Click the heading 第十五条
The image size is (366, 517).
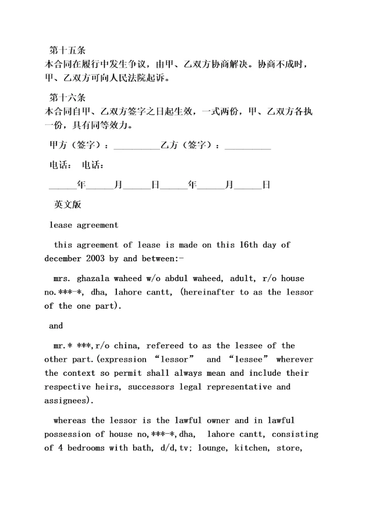point(67,51)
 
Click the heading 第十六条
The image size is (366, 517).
point(67,98)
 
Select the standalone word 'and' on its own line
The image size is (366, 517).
point(56,326)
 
